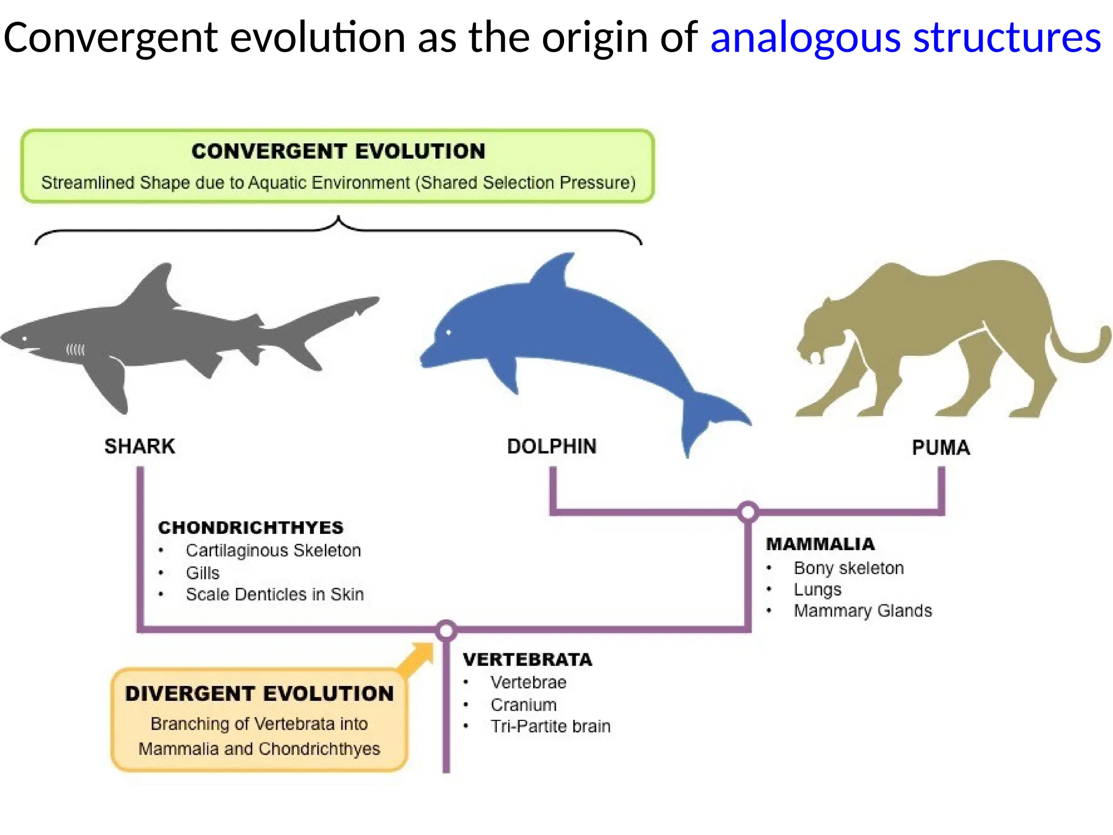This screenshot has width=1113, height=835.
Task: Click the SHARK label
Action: coord(140,446)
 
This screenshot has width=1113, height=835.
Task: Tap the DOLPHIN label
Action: coord(552,446)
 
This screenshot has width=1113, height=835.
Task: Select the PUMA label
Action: coord(941,448)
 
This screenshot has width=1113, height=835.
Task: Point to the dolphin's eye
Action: coord(449,332)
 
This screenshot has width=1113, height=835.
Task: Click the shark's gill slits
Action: coord(76,350)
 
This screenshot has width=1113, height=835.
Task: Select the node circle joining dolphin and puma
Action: coord(748,512)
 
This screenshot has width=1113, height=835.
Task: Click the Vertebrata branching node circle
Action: coord(446,631)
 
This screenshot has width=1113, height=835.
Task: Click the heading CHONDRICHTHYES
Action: coord(251,527)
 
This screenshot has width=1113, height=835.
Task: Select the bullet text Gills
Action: coord(202,573)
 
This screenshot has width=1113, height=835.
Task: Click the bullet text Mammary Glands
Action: coord(862,611)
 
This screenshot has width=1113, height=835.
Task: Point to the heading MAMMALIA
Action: coord(820,544)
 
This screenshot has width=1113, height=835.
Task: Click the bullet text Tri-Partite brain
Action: coord(550,726)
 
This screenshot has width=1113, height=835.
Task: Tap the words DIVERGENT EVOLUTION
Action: coord(259,694)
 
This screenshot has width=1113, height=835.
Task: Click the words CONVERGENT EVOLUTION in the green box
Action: coord(338,151)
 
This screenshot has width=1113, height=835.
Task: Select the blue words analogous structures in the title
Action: coord(905,38)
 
